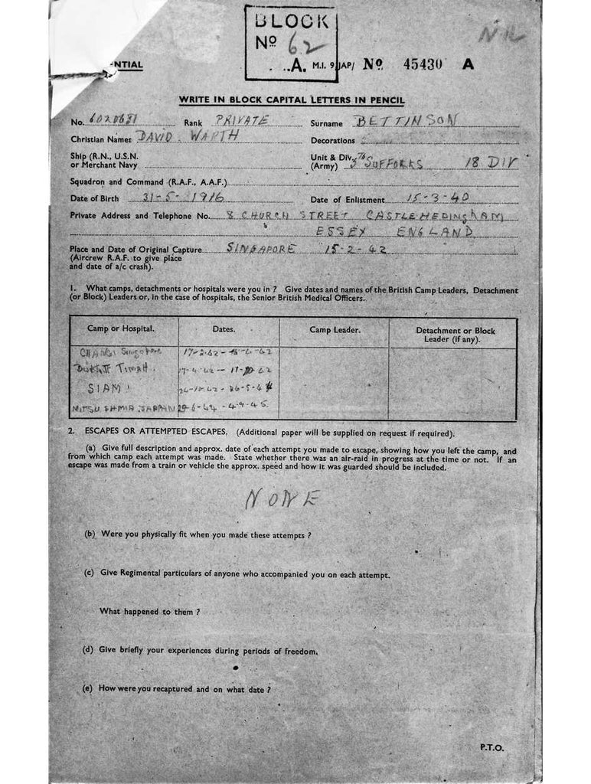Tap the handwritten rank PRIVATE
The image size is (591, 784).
click(x=242, y=121)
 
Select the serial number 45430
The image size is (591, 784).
click(x=422, y=65)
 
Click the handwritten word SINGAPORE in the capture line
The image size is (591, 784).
click(x=265, y=249)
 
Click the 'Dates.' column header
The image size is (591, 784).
click(x=228, y=329)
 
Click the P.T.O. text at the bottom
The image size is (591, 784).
click(x=494, y=748)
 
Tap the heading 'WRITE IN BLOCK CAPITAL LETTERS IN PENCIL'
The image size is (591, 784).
click(x=292, y=100)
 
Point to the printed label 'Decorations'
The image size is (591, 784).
click(x=332, y=141)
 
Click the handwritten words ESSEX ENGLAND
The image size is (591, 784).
click(x=396, y=231)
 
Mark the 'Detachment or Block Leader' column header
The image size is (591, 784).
click(x=455, y=335)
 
